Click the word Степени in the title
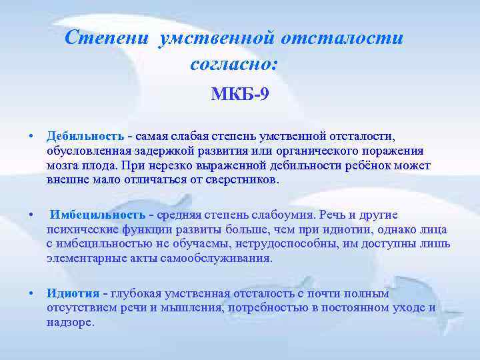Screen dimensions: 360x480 tap(108, 38)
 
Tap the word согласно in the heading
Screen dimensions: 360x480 tap(231, 65)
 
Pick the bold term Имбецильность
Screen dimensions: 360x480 tap(98, 215)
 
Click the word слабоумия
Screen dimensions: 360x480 tap(285, 215)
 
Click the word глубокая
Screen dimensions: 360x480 tap(137, 293)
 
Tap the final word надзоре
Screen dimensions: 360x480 tap(71, 322)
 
